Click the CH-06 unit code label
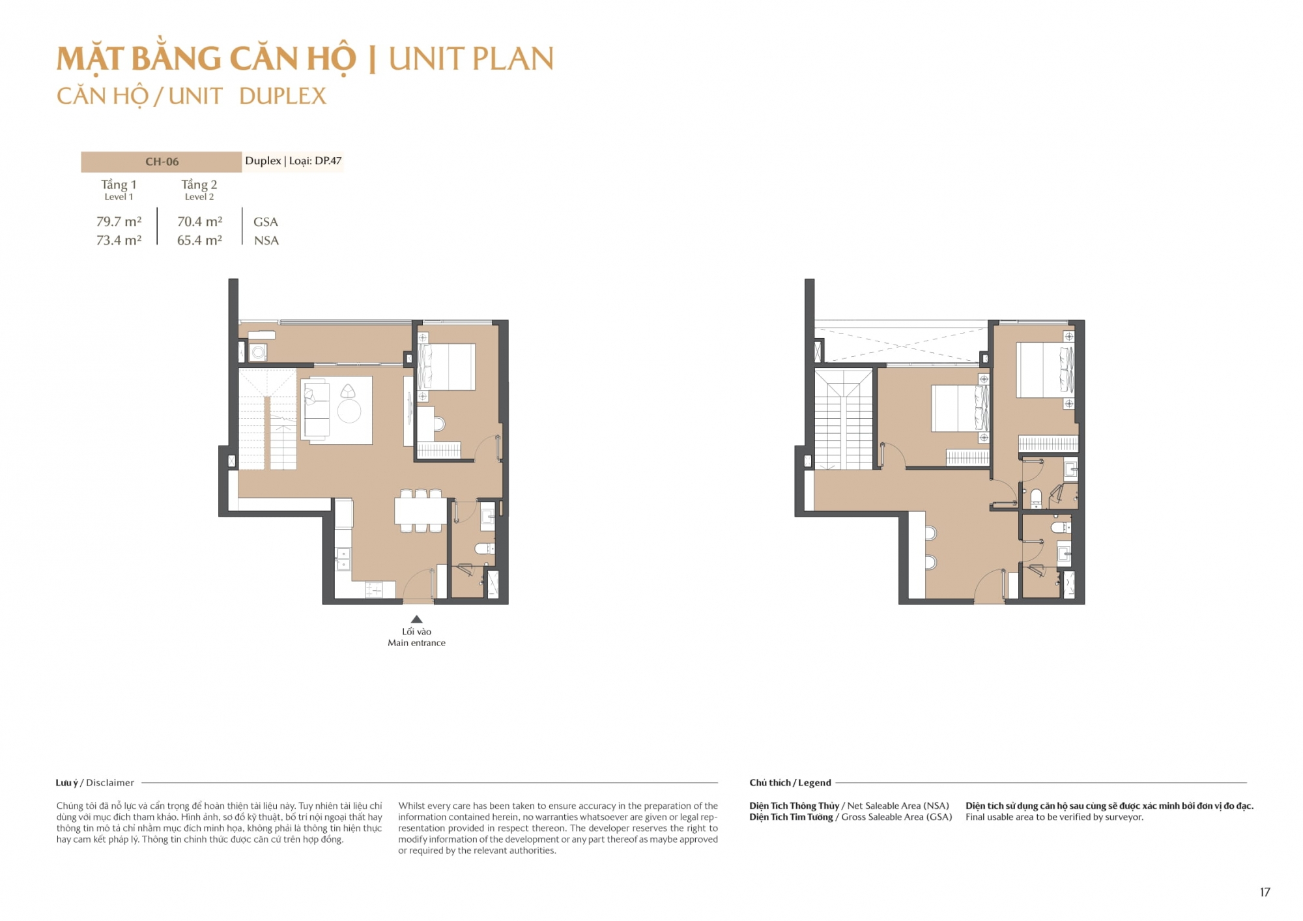pos(162,162)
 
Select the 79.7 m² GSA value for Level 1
pos(119,221)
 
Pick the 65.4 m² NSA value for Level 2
pos(199,240)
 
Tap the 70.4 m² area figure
pos(199,221)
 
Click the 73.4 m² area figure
pos(119,240)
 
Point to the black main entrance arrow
pos(417,619)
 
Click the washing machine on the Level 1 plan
pos(259,352)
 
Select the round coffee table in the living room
pos(349,411)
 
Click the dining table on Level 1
pos(420,511)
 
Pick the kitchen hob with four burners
pos(374,590)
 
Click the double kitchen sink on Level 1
pos(343,559)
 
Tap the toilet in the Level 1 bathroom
pos(484,548)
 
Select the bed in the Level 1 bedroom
pos(447,367)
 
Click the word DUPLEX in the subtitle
pos(283,96)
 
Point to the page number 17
pos(1265,892)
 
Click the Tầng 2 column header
pos(199,185)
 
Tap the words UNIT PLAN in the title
pos(471,59)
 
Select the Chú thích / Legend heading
pos(790,783)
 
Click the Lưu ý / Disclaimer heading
pos(95,783)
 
